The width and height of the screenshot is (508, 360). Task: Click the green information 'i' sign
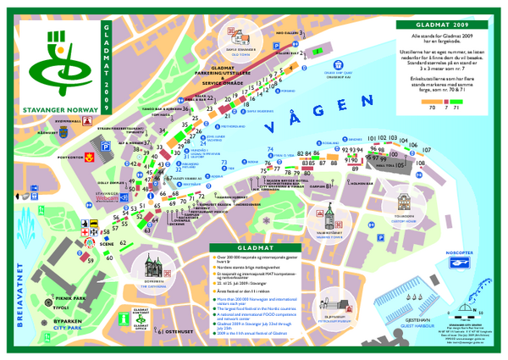point(125,317)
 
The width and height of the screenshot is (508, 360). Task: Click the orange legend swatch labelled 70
point(432,102)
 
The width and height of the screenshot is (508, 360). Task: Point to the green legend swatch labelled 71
point(458,102)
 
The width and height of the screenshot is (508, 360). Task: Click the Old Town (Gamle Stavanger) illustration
point(235,38)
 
